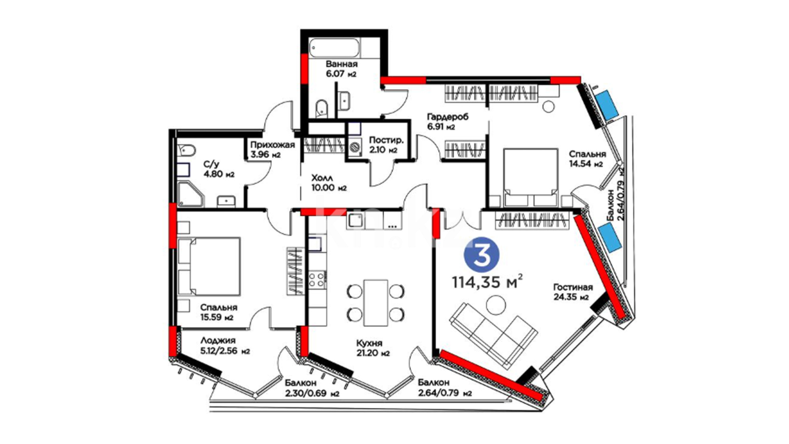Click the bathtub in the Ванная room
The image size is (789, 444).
pyautogui.click(x=335, y=48)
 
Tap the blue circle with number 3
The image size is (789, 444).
pyautogui.click(x=482, y=255)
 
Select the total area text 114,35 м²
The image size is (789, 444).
pyautogui.click(x=487, y=282)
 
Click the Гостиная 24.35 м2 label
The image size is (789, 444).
pyautogui.click(x=573, y=292)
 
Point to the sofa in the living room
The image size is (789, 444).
pyautogui.click(x=493, y=335)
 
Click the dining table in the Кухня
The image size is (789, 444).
pyautogui.click(x=376, y=303)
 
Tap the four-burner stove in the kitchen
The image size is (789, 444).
pyautogui.click(x=317, y=280)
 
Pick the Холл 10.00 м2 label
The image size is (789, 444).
pyautogui.click(x=329, y=183)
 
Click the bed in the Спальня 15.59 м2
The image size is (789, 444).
pyautogui.click(x=209, y=266)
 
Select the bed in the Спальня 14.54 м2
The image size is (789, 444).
pyautogui.click(x=531, y=177)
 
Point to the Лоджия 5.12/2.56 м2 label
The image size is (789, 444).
pyautogui.click(x=225, y=346)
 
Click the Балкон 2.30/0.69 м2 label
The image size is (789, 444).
pyautogui.click(x=312, y=388)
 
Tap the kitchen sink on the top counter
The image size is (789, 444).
pyautogui.click(x=355, y=221)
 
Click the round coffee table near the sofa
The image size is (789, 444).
pyautogui.click(x=496, y=305)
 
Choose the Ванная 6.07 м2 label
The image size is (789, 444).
pyautogui.click(x=341, y=69)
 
